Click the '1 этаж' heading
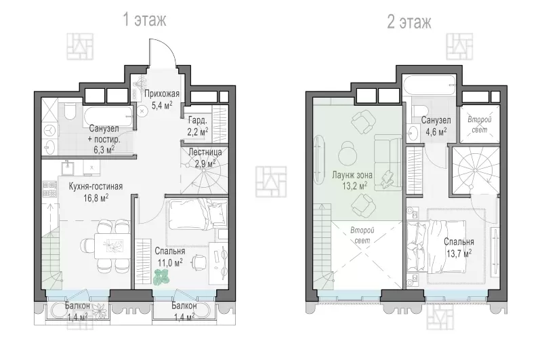[x=144, y=20]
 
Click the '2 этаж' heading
[x=409, y=22]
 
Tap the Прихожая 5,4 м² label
[x=162, y=100]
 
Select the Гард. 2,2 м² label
[x=198, y=126]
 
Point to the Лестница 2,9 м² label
[x=205, y=157]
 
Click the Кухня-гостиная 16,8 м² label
[x=96, y=192]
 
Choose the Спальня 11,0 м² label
[x=170, y=256]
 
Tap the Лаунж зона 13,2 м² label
[x=352, y=180]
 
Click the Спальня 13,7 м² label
[x=459, y=247]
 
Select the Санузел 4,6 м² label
[x=436, y=126]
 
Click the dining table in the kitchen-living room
[x=112, y=245]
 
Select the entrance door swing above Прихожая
[x=163, y=52]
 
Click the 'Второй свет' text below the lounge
[x=362, y=235]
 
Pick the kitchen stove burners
[x=49, y=188]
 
